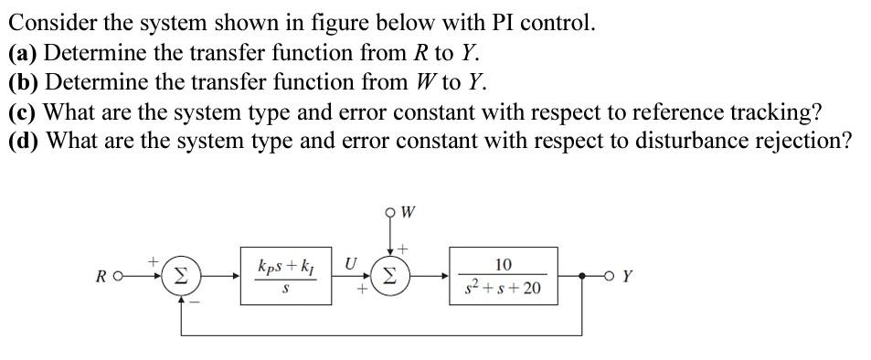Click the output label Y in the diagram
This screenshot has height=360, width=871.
point(627,275)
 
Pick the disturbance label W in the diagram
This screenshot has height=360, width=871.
point(409,215)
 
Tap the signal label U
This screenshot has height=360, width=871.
point(350,263)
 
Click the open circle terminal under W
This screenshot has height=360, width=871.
point(393,215)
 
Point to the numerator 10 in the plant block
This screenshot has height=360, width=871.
point(504,264)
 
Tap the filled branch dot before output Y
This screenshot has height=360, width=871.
point(581,274)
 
